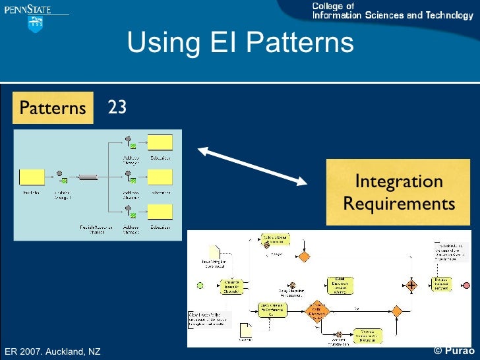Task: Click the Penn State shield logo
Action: point(34,24)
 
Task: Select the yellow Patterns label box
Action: point(53,107)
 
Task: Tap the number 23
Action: point(117,107)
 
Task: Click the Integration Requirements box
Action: point(399,192)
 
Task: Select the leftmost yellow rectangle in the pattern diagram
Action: point(31,177)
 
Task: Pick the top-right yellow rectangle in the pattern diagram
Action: point(160,142)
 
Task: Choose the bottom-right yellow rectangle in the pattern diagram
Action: point(160,212)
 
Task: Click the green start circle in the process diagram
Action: point(200,285)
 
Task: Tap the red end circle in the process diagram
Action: point(467,285)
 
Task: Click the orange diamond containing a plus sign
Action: point(412,285)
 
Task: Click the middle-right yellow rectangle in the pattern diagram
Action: point(160,177)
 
